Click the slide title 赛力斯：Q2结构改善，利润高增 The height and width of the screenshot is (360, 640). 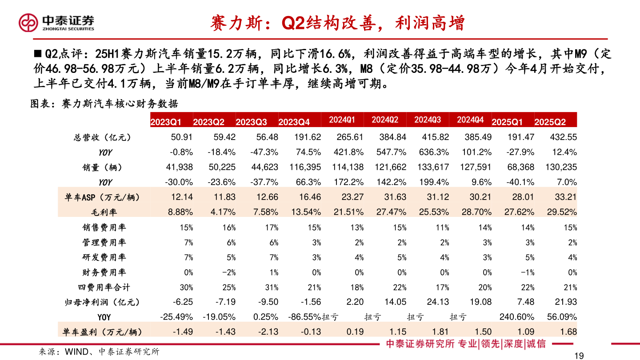337,23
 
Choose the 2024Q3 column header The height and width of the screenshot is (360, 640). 428,120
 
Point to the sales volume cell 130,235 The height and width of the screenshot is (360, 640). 561,167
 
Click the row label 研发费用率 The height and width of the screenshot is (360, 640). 104,257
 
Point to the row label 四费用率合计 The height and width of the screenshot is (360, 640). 104,287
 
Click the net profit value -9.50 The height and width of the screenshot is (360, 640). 268,302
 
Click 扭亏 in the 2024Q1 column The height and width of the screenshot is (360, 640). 330,317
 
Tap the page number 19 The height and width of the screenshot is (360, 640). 578,355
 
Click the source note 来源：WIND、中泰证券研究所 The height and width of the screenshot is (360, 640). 99,352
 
